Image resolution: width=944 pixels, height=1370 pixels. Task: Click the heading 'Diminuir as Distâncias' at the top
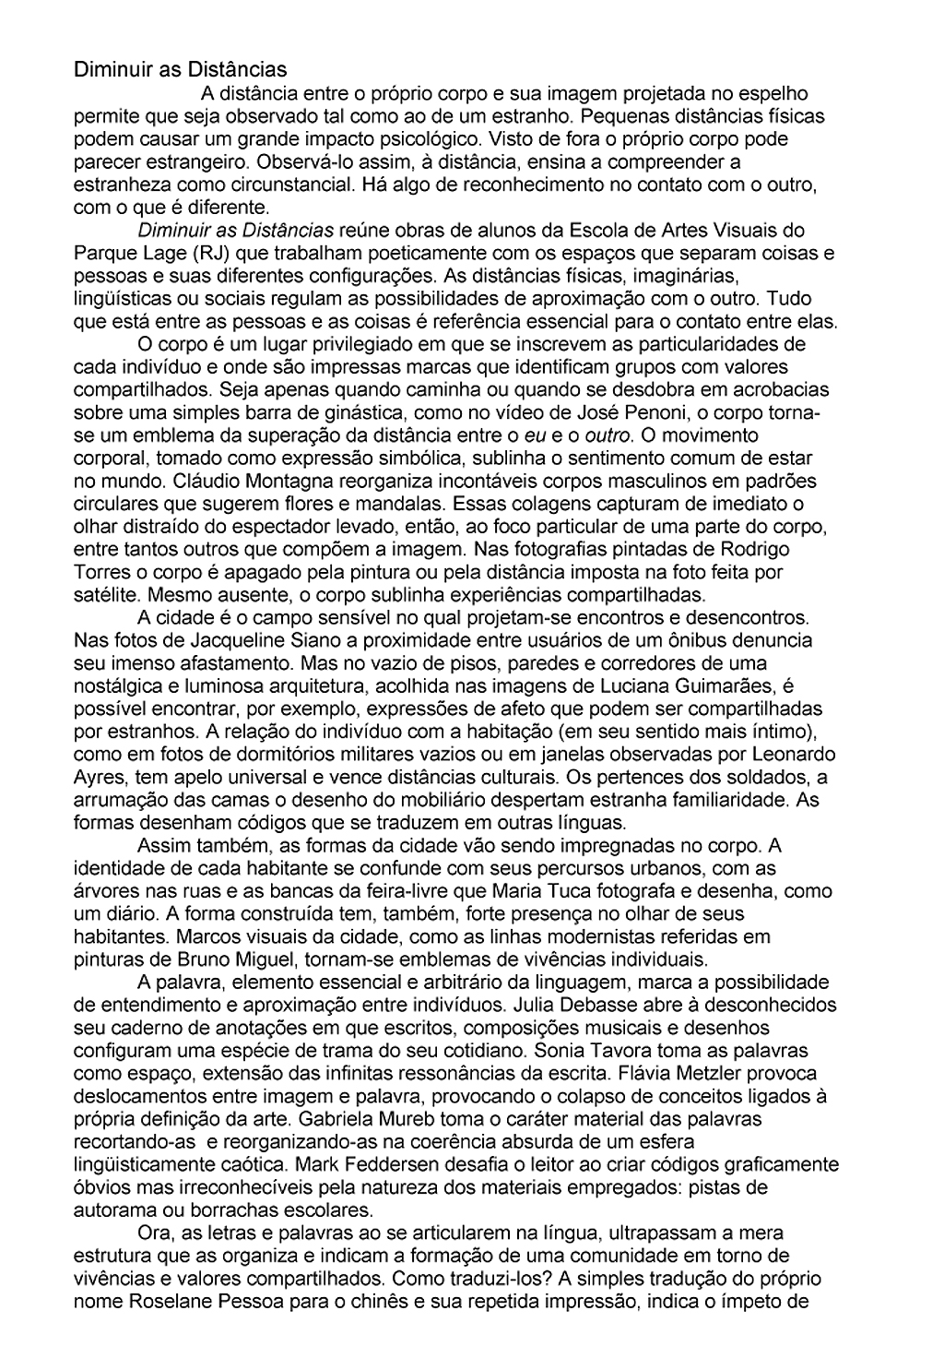(180, 69)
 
